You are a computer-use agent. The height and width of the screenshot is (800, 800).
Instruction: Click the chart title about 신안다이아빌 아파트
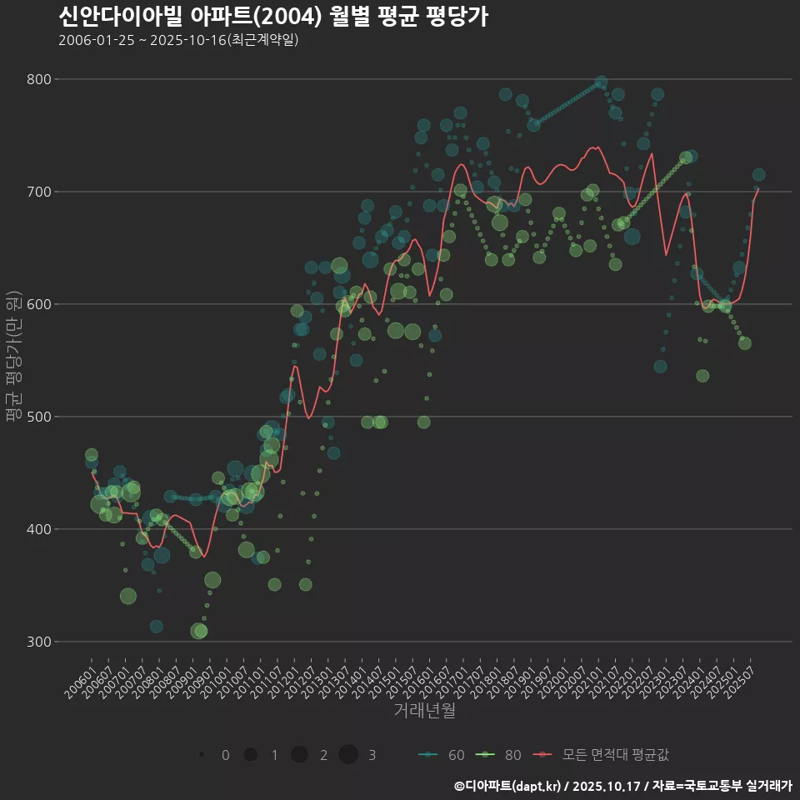coord(273,16)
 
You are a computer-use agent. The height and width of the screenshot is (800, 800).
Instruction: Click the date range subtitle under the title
coord(178,40)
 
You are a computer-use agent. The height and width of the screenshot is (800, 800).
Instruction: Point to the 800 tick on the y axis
coord(40,79)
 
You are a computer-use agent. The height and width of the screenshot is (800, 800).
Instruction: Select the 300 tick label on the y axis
coord(40,642)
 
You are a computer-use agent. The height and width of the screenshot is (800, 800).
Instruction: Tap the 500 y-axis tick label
coord(40,417)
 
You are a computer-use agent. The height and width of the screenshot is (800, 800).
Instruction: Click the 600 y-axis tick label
coord(40,304)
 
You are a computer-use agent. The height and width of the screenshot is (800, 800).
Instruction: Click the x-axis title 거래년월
coord(424,711)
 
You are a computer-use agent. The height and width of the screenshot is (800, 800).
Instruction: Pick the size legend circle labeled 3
coord(348,755)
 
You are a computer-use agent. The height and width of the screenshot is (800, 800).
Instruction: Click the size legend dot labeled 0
coord(202,755)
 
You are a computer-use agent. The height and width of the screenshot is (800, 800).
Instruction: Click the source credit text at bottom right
coord(622,786)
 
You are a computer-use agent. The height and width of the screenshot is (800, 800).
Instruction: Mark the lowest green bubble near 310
coord(199,631)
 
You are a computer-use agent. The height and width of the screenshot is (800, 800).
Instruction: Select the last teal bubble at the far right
coord(758,175)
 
